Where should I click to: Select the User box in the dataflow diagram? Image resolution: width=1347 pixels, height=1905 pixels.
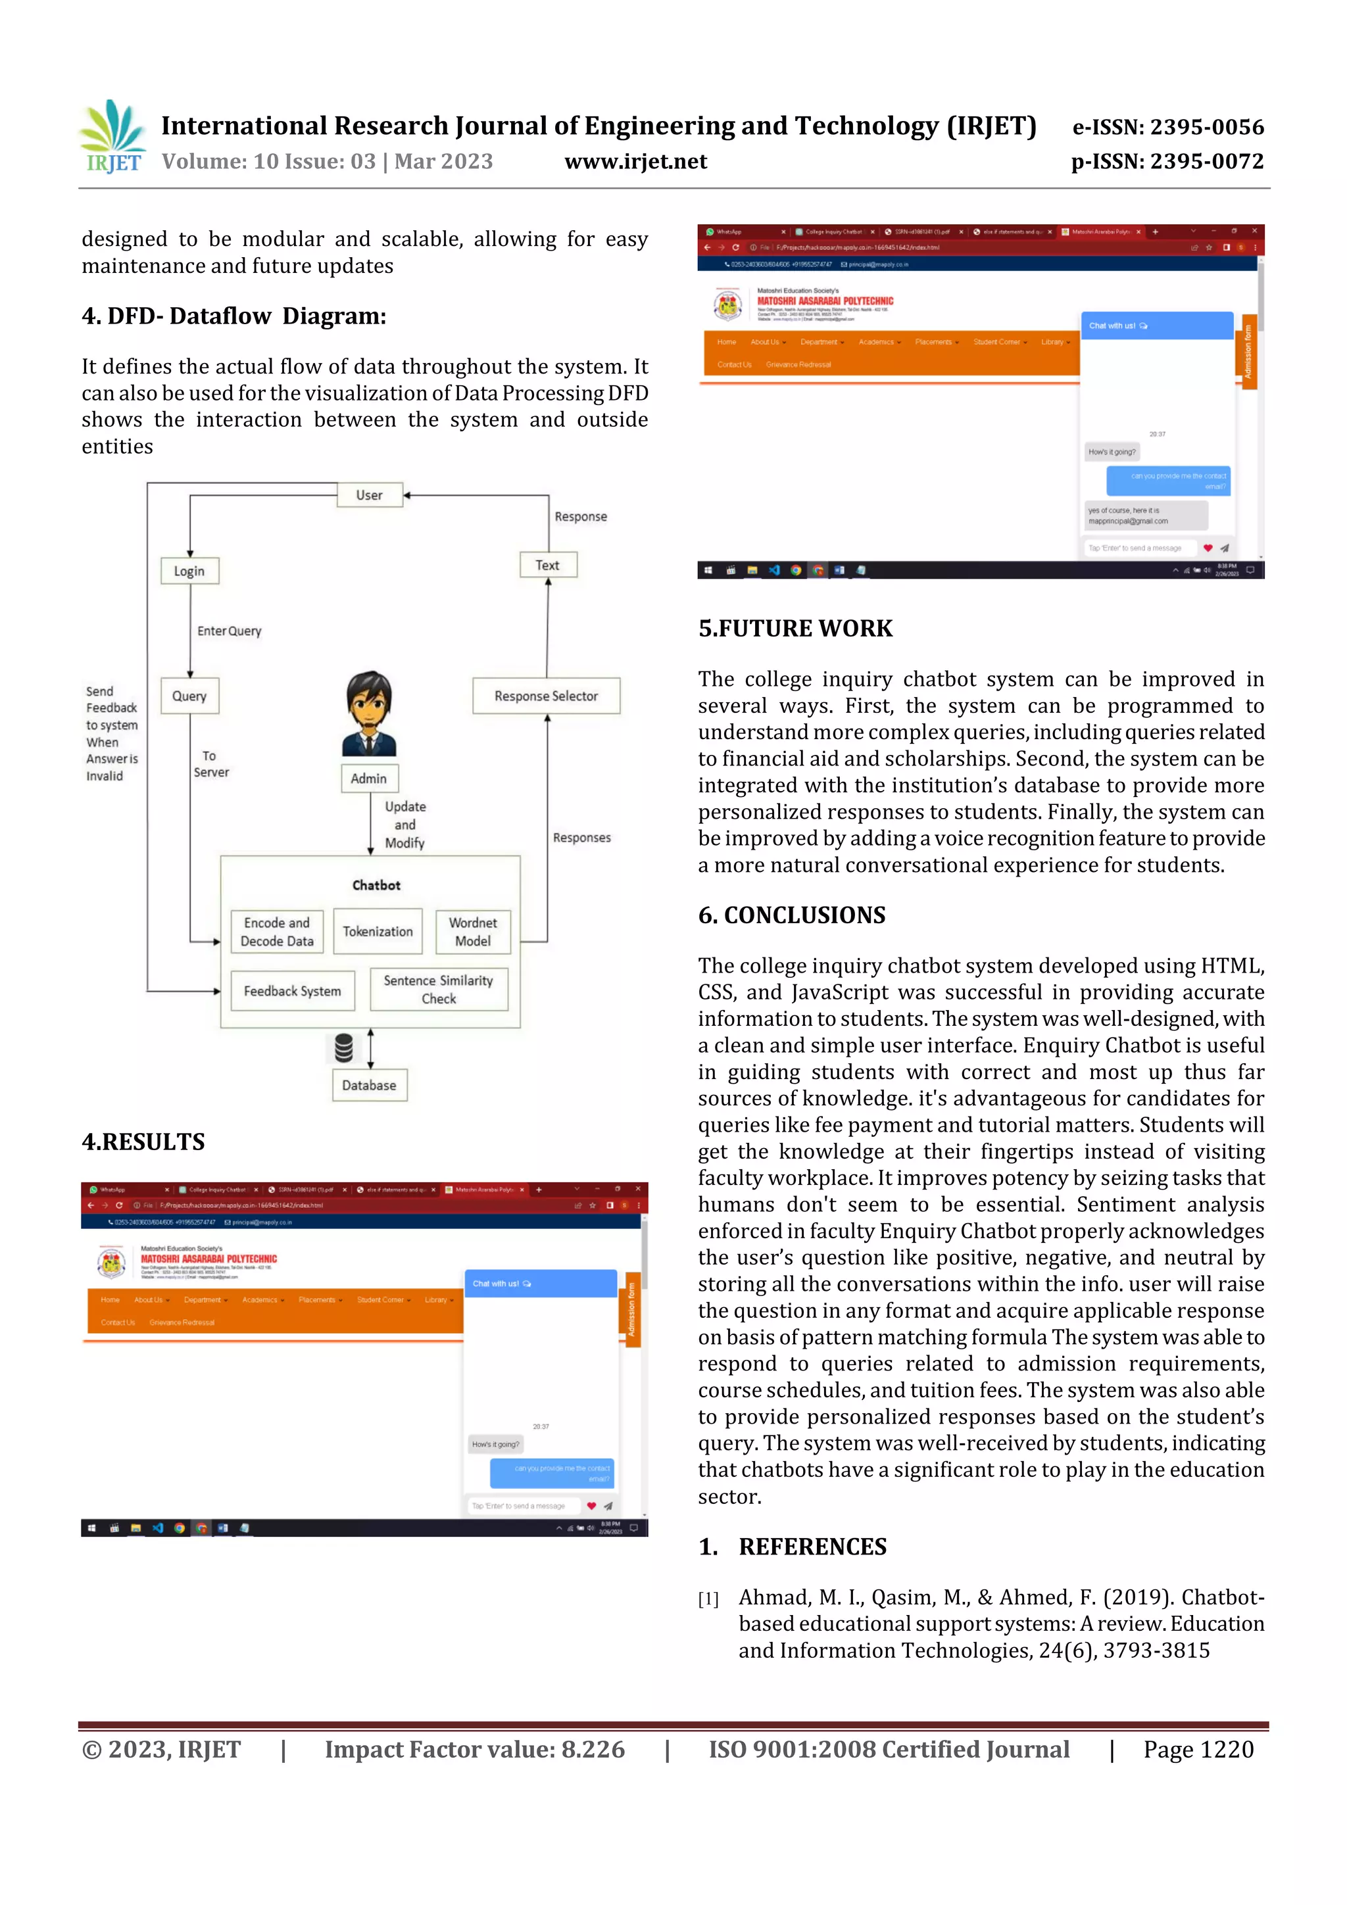click(370, 495)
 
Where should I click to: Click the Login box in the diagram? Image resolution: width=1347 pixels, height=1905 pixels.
click(189, 571)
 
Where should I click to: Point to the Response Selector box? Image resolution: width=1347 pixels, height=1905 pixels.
click(545, 696)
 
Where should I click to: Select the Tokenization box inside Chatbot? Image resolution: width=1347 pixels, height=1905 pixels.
click(378, 932)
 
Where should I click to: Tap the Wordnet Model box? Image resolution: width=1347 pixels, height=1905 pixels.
click(472, 932)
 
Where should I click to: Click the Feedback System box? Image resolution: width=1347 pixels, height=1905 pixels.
click(292, 991)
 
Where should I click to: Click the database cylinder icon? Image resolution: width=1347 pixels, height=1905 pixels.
click(343, 1048)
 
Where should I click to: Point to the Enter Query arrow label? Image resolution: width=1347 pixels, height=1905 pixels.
click(229, 631)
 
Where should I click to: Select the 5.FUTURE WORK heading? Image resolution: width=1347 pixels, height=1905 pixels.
click(795, 629)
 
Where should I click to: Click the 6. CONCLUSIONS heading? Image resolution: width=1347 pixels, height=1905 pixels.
click(791, 915)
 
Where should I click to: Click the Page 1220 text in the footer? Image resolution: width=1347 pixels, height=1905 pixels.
click(1198, 1750)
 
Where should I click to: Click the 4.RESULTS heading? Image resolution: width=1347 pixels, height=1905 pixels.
click(143, 1142)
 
